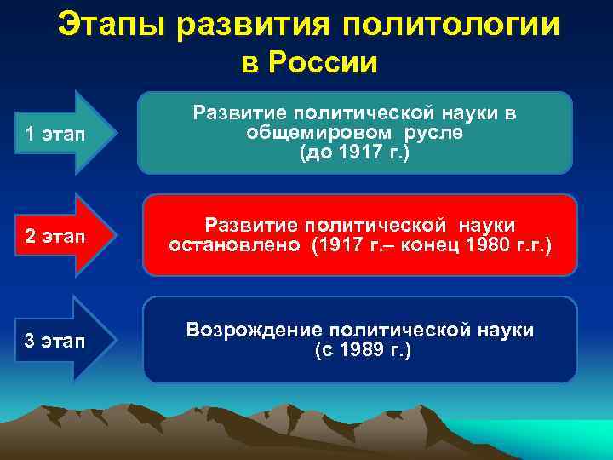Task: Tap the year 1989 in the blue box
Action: point(358,349)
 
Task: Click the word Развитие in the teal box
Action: point(240,113)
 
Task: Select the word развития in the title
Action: point(257,26)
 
